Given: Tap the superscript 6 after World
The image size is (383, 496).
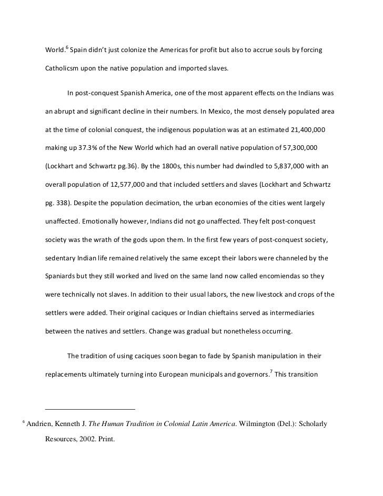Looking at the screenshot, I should click(67, 46).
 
